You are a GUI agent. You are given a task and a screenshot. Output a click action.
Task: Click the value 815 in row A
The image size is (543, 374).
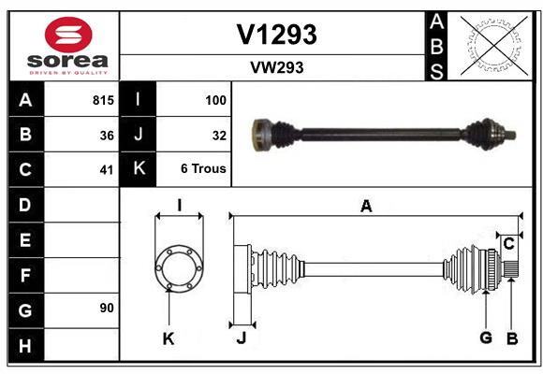103,100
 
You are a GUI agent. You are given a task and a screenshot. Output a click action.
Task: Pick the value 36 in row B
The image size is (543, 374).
107,135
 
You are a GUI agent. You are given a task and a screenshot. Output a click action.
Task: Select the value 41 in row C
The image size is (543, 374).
107,170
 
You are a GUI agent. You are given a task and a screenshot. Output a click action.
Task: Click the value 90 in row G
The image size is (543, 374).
107,308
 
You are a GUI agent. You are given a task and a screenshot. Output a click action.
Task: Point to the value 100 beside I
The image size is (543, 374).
215,100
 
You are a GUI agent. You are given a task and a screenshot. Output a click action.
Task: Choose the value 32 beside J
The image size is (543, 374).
219,135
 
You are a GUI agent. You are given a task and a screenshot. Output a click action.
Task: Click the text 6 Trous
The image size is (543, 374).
204,170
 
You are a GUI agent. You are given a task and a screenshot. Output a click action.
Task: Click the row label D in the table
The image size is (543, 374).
24,204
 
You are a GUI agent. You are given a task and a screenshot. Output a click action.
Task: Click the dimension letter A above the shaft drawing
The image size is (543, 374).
366,207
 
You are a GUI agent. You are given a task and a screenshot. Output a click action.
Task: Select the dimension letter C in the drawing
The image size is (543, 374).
508,244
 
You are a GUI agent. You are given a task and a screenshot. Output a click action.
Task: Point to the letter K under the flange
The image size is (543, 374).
169,339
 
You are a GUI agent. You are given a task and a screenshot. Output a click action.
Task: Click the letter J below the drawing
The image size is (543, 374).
241,338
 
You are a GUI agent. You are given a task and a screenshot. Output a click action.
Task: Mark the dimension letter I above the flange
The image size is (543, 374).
178,205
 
